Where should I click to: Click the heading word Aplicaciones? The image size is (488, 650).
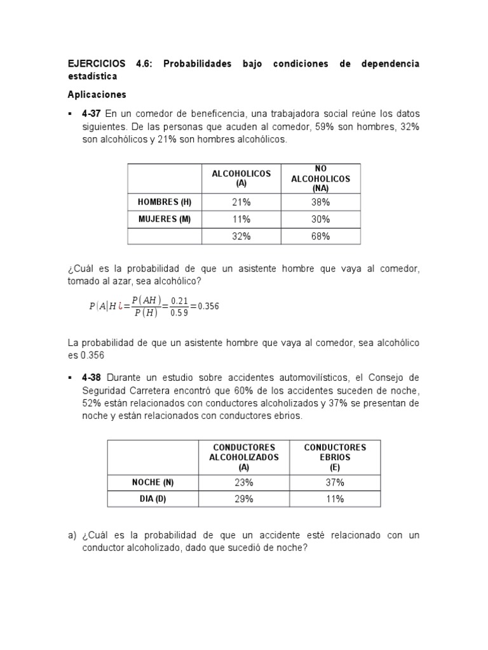click(x=97, y=95)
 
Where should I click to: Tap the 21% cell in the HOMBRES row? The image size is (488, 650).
click(x=241, y=202)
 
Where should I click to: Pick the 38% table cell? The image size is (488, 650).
click(x=320, y=202)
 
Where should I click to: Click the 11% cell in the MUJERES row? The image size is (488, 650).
click(x=241, y=220)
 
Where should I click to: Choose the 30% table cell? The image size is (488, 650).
click(x=320, y=220)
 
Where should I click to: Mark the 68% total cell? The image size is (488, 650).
click(x=320, y=237)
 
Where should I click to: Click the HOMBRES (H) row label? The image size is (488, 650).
click(x=165, y=202)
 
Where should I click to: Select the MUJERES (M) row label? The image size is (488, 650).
click(x=165, y=220)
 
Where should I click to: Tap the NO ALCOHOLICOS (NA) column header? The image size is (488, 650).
click(x=320, y=178)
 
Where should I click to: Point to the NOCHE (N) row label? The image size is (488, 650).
click(x=148, y=482)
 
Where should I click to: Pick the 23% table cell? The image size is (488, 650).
click(x=244, y=482)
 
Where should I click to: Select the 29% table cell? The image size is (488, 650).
click(x=244, y=499)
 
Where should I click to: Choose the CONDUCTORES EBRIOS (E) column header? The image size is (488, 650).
click(x=335, y=456)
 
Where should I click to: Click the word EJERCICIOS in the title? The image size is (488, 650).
click(x=98, y=65)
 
